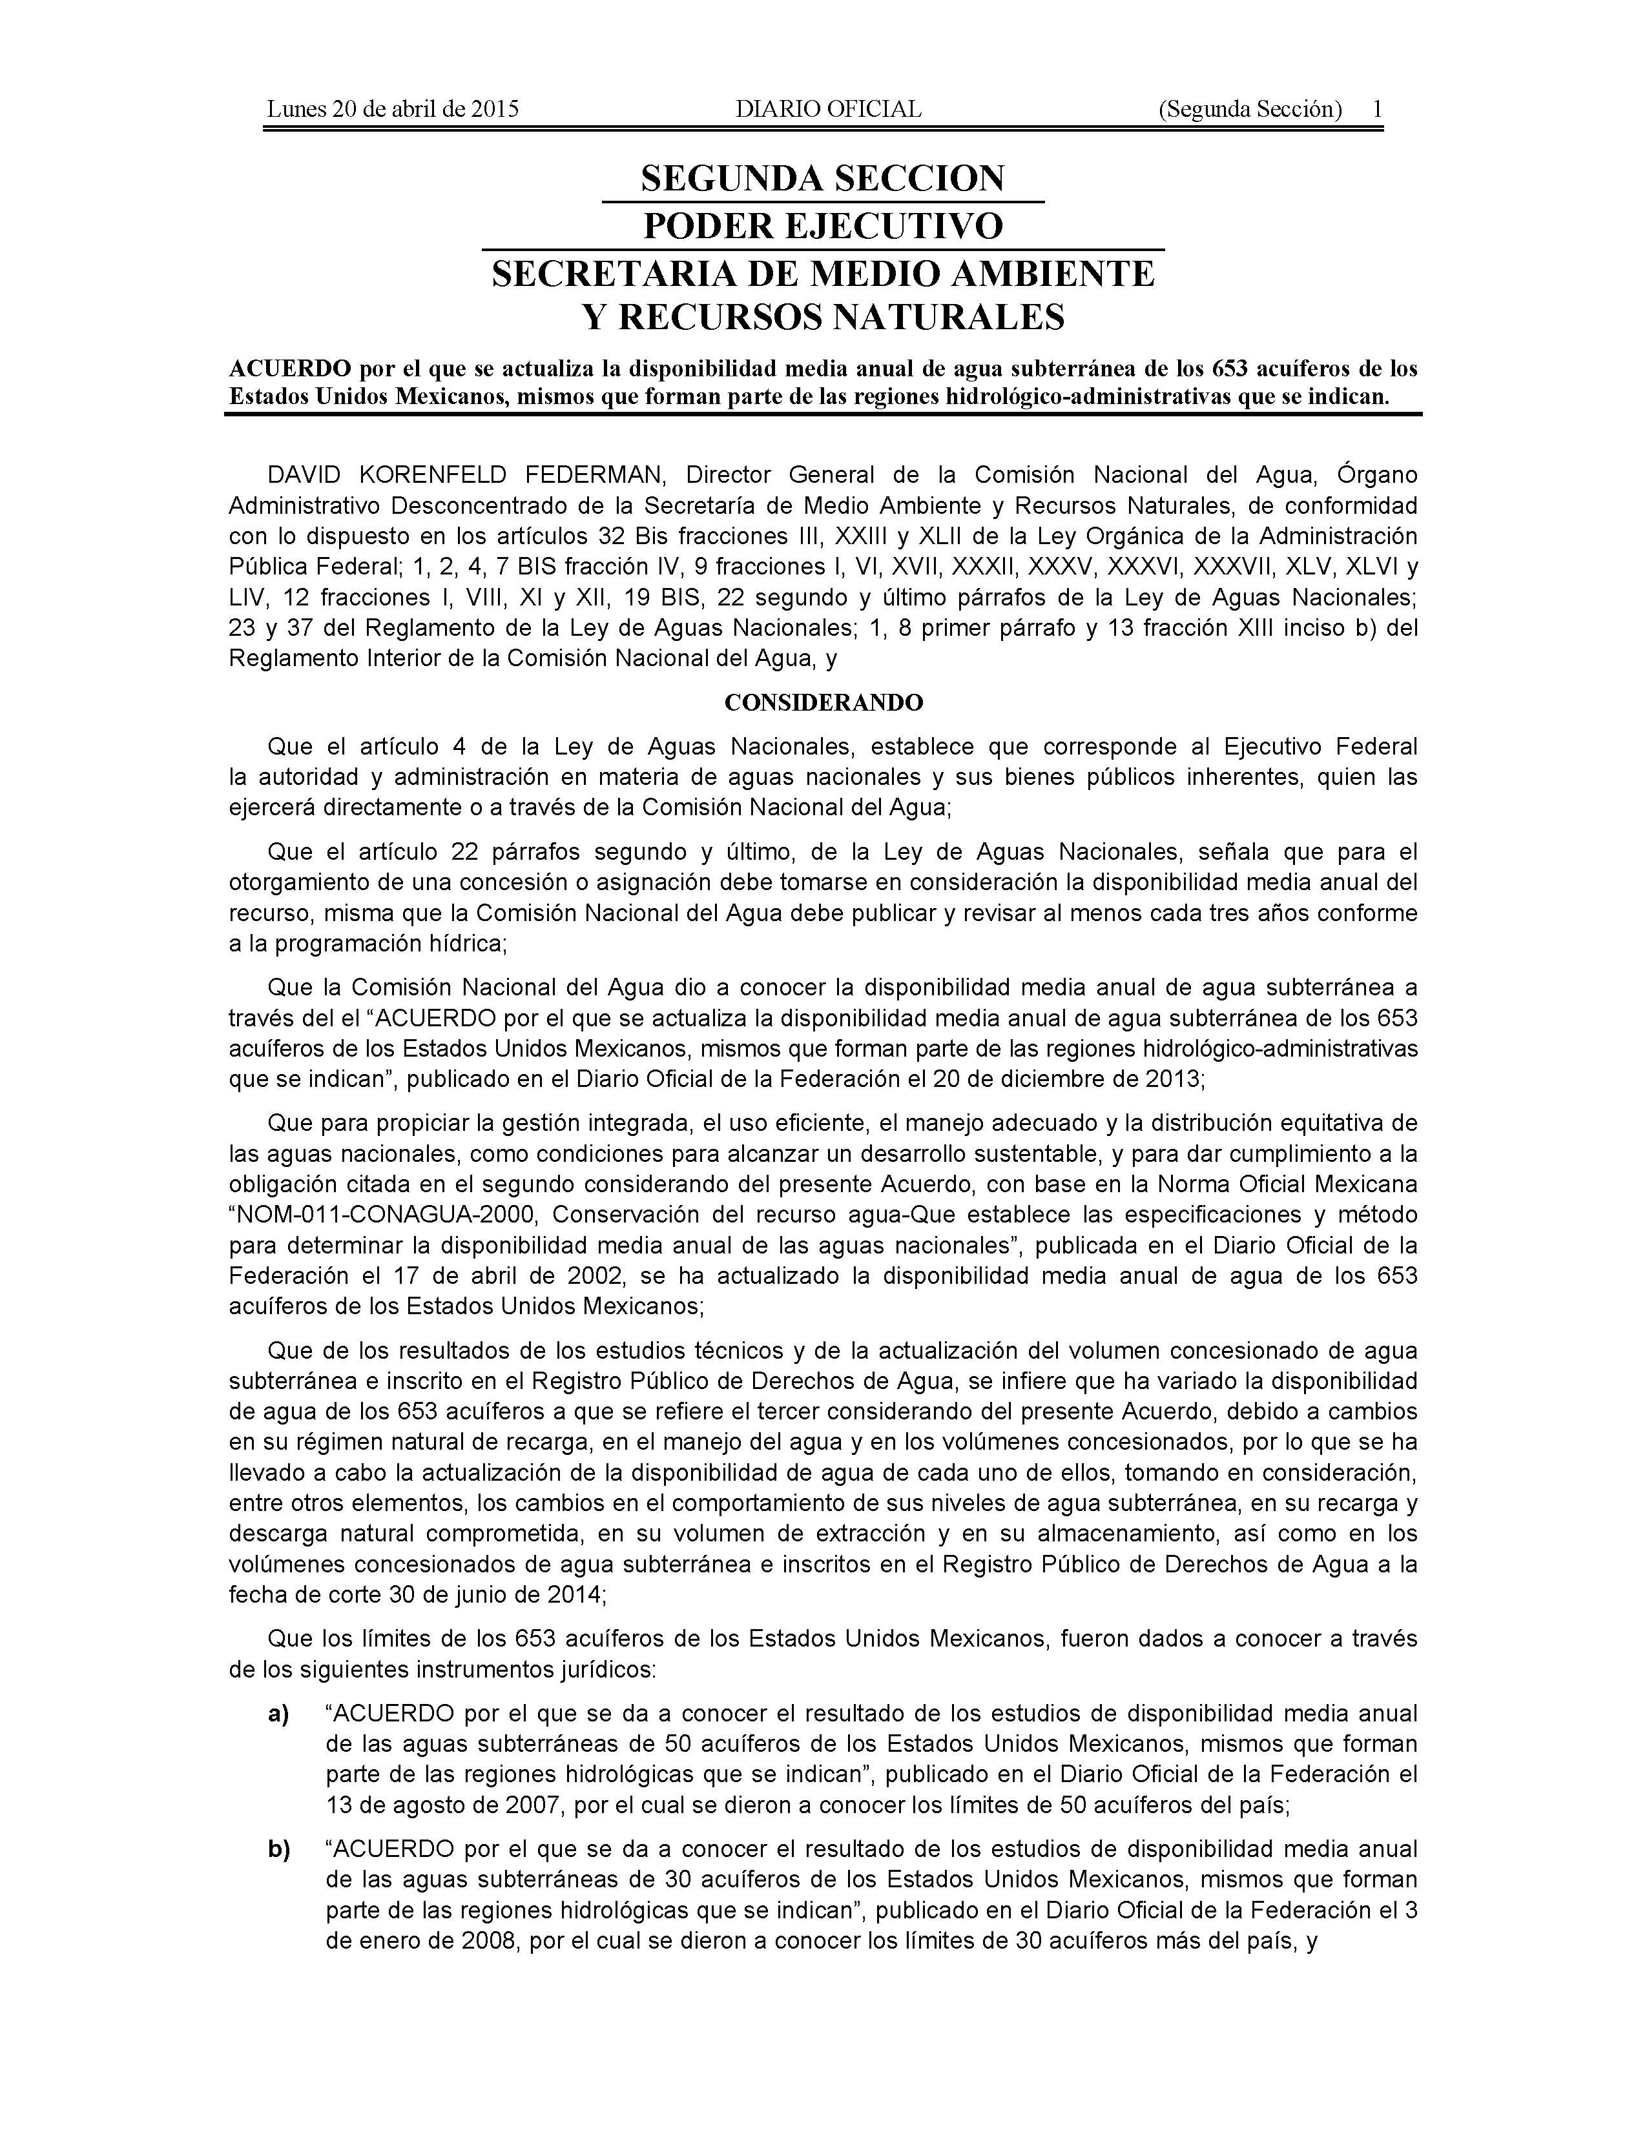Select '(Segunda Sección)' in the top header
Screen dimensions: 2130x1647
point(1250,109)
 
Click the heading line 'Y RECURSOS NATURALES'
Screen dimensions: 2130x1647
point(822,317)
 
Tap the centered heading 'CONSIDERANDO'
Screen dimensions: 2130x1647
point(822,702)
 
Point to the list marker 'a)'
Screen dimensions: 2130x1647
point(278,1716)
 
